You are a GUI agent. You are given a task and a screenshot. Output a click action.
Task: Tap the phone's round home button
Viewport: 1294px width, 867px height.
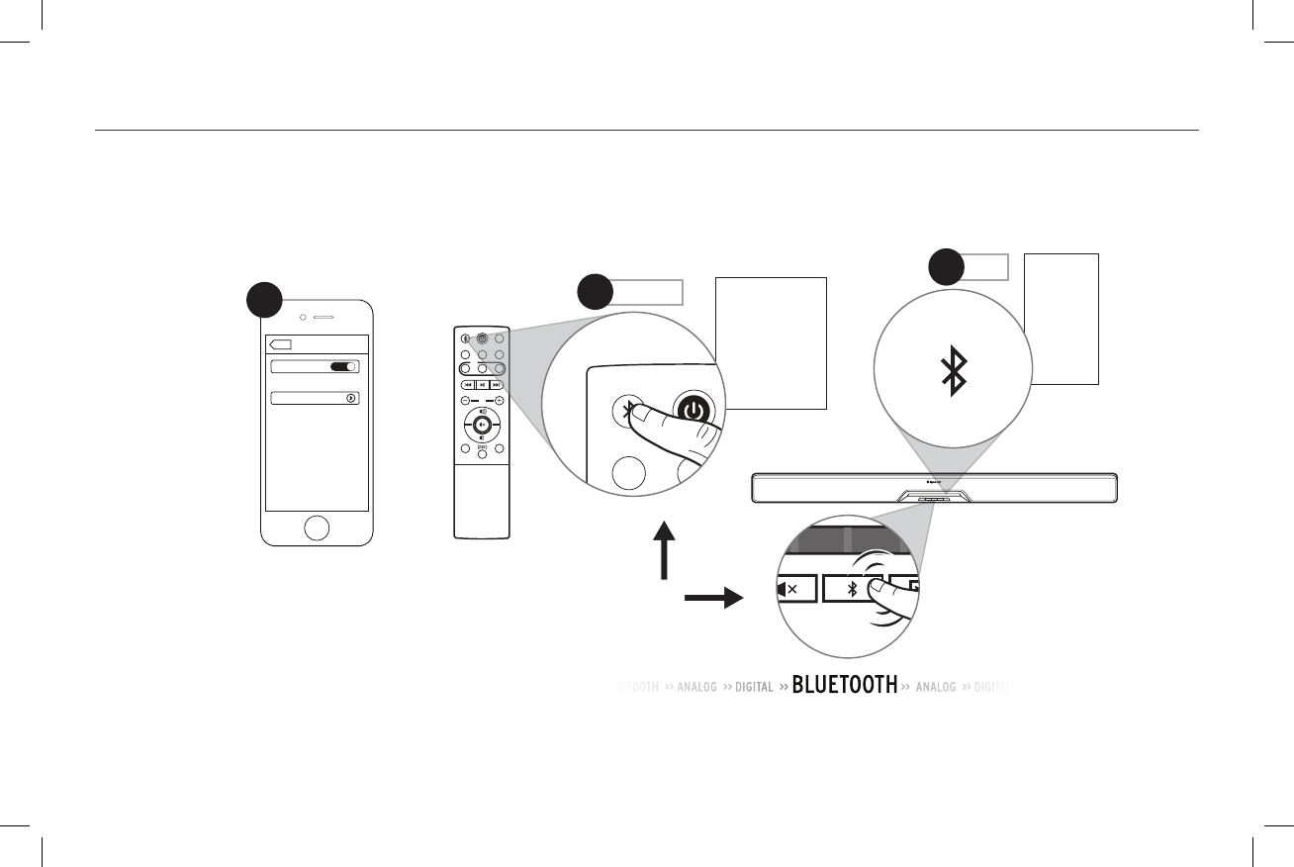point(316,528)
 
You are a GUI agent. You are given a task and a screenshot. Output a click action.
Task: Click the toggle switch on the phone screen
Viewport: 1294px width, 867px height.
point(343,366)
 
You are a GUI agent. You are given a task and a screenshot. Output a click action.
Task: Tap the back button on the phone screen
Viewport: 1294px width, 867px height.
point(280,344)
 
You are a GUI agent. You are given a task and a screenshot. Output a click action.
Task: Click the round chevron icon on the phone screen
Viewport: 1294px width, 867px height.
point(351,398)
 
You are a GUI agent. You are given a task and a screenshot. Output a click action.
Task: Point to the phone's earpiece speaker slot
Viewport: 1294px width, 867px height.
point(324,320)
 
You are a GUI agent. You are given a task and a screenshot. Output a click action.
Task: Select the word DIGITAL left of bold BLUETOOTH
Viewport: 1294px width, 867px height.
point(754,687)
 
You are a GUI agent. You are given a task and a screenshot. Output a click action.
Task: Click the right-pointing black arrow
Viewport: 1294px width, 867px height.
point(712,599)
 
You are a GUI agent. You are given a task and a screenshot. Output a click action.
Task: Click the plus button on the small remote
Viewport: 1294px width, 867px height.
point(500,401)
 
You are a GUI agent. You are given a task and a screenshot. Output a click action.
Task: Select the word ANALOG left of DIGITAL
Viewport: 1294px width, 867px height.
point(696,687)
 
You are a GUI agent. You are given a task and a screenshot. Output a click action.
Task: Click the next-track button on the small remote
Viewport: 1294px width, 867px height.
point(498,384)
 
